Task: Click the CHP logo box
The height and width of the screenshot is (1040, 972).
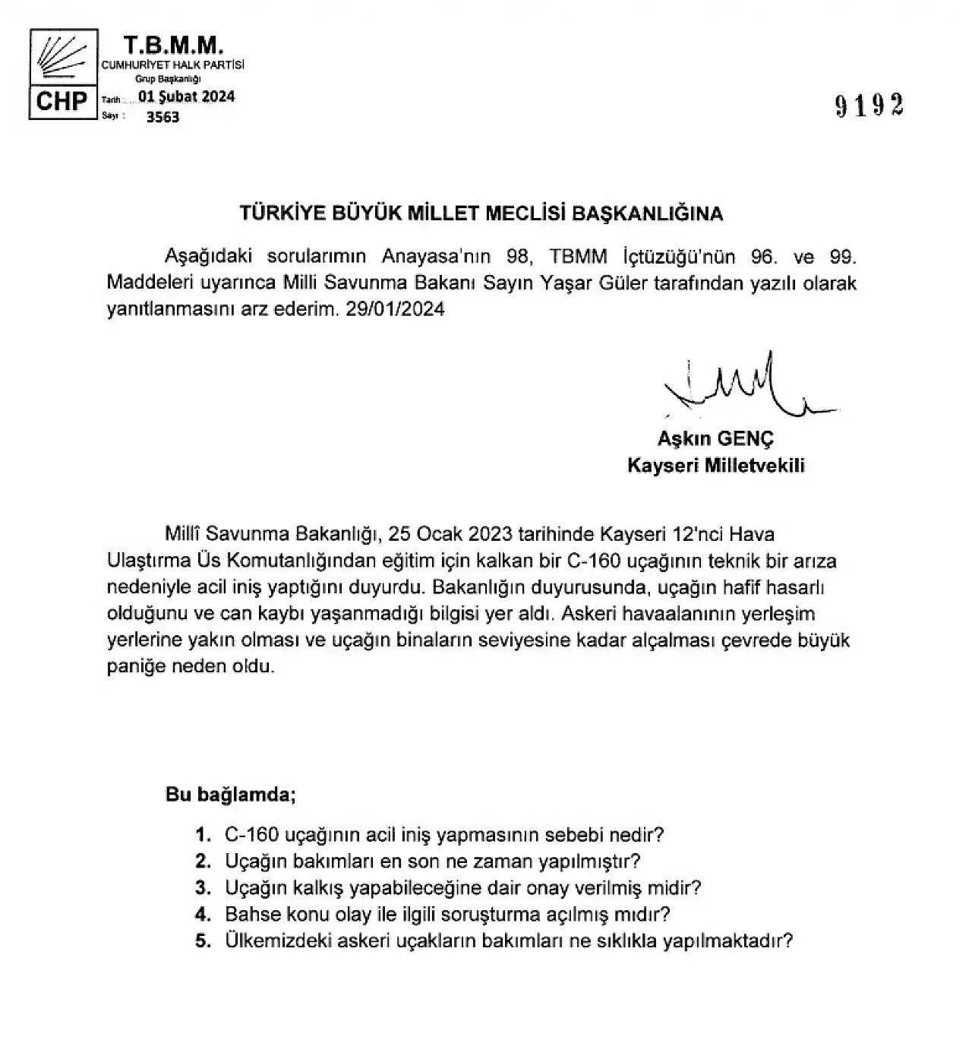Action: (64, 73)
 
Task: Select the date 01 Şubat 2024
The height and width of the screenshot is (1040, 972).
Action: (186, 96)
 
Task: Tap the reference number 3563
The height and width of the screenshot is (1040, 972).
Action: (163, 117)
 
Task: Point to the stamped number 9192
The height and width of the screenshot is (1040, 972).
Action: (869, 106)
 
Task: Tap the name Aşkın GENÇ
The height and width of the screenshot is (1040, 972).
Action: (715, 438)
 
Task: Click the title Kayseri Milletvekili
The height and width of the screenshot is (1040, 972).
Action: (715, 465)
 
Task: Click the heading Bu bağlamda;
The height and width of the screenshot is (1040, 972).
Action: (230, 795)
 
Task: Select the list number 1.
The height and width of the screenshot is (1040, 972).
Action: (202, 835)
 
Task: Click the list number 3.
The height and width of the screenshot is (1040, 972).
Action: (202, 887)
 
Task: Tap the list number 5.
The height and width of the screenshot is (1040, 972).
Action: (202, 940)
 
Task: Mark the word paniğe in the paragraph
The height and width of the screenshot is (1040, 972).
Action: (134, 666)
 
